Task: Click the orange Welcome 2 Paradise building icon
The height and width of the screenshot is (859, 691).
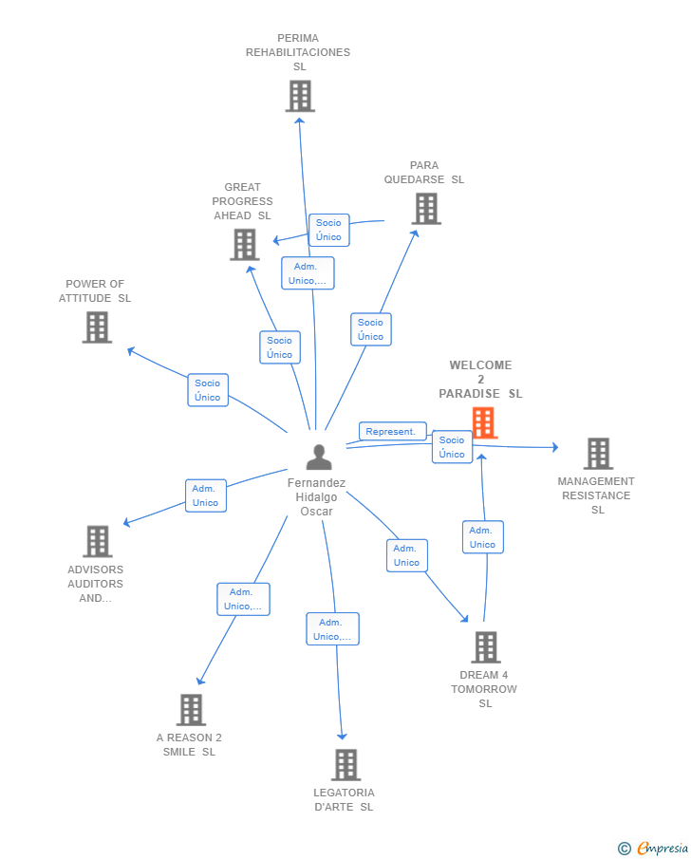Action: point(484,422)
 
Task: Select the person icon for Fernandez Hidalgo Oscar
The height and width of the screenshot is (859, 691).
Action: point(319,458)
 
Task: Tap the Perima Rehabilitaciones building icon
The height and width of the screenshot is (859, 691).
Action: point(300,96)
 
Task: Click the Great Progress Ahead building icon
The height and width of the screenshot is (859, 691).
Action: point(245,245)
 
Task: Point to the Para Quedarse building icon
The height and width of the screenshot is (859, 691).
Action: point(426,209)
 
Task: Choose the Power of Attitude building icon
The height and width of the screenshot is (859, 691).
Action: point(97,327)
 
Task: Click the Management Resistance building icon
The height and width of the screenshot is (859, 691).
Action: point(598,454)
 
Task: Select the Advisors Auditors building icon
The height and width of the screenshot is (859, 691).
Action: point(98,542)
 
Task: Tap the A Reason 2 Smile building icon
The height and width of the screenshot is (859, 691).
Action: point(191,710)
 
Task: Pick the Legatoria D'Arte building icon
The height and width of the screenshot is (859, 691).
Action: point(345,765)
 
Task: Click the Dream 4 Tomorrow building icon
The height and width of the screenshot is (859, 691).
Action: point(486,647)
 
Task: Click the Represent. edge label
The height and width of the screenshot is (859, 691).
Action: point(392,432)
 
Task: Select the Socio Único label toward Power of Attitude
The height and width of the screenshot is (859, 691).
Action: point(208,390)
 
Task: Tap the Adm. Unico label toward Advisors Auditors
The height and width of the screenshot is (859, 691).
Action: point(206,495)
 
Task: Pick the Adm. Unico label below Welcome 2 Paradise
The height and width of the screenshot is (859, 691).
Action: point(482,537)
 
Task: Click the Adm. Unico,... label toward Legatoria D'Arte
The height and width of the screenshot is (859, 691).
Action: point(332,629)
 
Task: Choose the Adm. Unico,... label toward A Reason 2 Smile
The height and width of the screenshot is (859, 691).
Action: point(243,599)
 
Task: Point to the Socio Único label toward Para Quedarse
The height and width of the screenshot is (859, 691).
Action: point(370,329)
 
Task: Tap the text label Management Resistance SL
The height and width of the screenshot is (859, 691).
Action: point(596,495)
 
